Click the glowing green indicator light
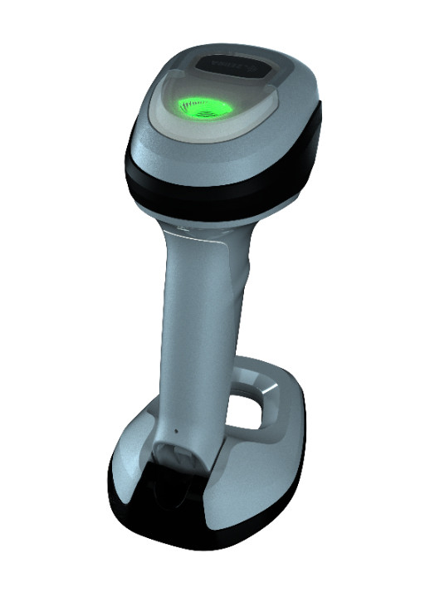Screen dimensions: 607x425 click(202, 105)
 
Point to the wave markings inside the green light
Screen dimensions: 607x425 click(202, 107)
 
